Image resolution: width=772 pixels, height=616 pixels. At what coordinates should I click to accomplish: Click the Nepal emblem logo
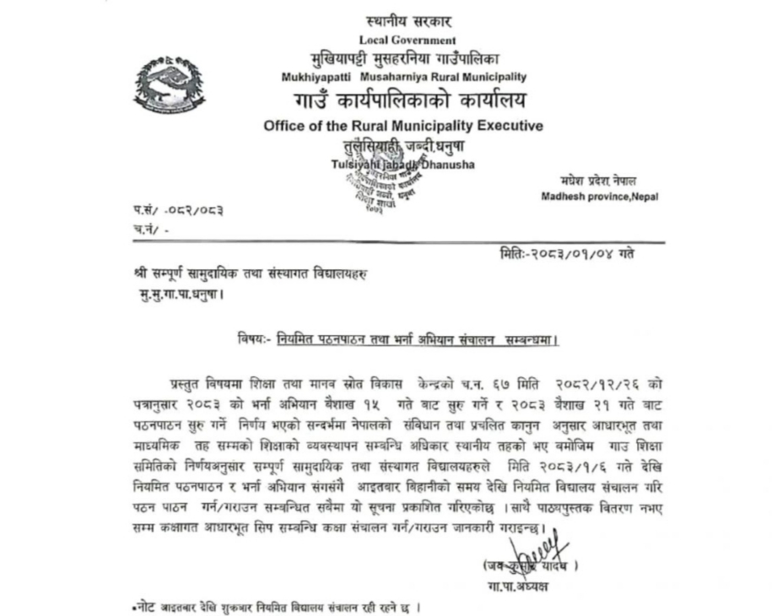click(x=169, y=85)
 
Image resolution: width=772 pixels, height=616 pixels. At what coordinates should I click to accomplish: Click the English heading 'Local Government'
click(x=408, y=40)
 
